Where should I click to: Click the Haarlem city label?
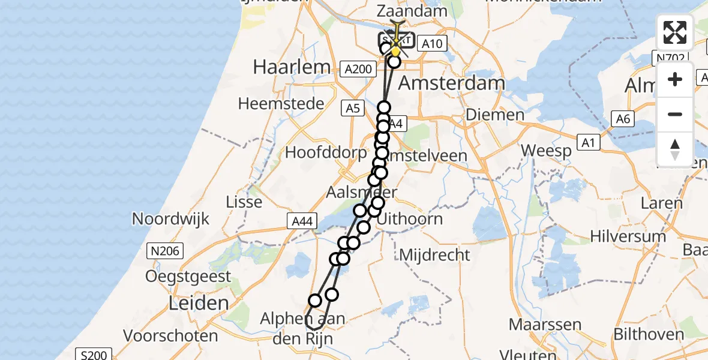pos(292,67)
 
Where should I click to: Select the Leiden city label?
pos(190,303)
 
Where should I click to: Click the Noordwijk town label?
pos(171,218)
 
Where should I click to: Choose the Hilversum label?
pos(628,236)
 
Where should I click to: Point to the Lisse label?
pos(244,202)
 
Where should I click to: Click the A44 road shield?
pos(302,222)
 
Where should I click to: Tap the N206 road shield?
pos(166,250)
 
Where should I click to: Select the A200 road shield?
pos(359,70)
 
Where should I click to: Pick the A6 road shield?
pos(623,119)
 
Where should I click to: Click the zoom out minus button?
pos(675,114)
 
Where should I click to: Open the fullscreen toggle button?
pos(675,32)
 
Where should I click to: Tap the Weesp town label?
pos(547,151)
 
